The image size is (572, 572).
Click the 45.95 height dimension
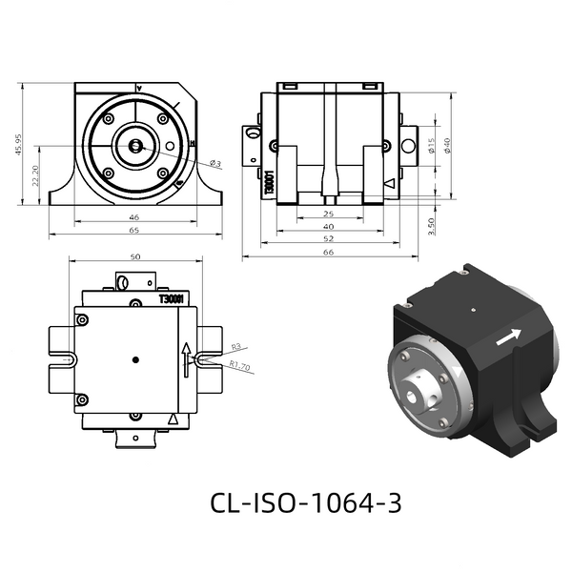pos(18,145)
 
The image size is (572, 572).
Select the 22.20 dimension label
pos(35,175)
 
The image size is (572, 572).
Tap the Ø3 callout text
pos(215,163)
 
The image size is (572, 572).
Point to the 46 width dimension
pos(134,217)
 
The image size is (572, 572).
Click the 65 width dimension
pos(134,230)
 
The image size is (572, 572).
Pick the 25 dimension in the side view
pos(329,214)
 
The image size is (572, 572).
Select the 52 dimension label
pos(329,238)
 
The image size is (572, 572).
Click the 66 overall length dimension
pos(329,252)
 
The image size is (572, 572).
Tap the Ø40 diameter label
pos(447,146)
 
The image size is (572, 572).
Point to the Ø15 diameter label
pos(432,146)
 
